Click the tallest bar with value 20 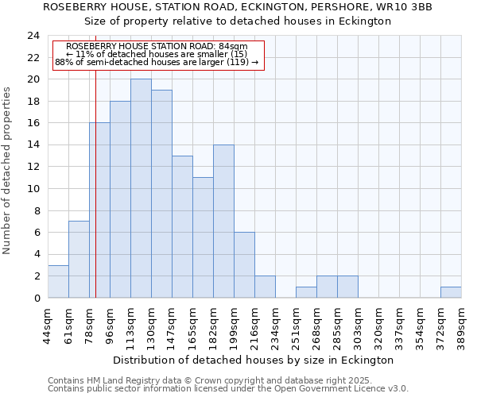coord(141,188)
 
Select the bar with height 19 coord(161,194)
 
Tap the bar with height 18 coord(120,199)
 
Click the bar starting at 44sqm coord(58,281)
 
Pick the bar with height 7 coord(79,260)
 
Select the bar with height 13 coord(182,226)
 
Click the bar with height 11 coord(203,237)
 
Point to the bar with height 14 coord(223,221)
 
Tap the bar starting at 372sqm coord(451,292)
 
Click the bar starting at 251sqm coord(306,292)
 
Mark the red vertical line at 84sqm coord(95,198)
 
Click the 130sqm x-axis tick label coord(152,324)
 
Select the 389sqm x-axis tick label coord(462,324)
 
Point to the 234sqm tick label coord(276,324)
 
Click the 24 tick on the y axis coord(33,36)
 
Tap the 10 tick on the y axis coord(33,189)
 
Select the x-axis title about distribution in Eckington coord(253,360)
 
